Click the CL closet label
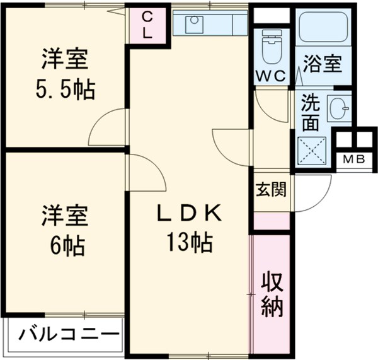pos(147,25)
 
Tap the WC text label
pos(271,75)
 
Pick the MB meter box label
pos(353,160)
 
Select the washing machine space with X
pos(311,151)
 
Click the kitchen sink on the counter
pos(195,25)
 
